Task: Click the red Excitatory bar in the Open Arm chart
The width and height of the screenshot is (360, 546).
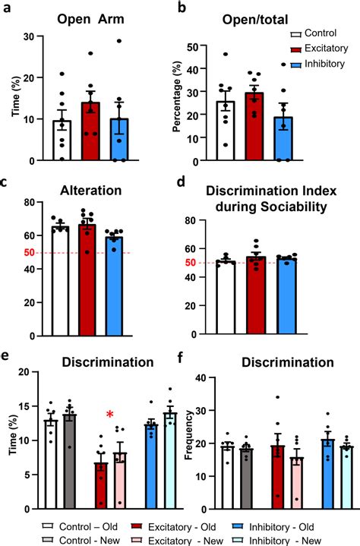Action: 90,133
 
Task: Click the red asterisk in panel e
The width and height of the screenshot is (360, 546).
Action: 110,415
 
